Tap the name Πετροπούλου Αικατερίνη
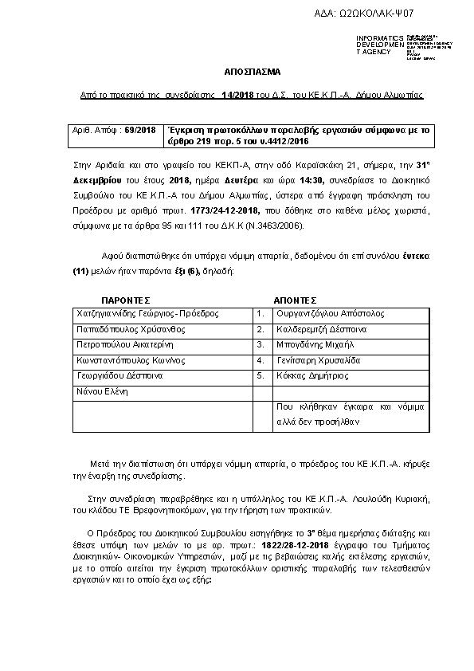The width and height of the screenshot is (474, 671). pyautogui.click(x=122, y=344)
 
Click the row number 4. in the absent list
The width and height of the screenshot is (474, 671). pyautogui.click(x=260, y=359)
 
